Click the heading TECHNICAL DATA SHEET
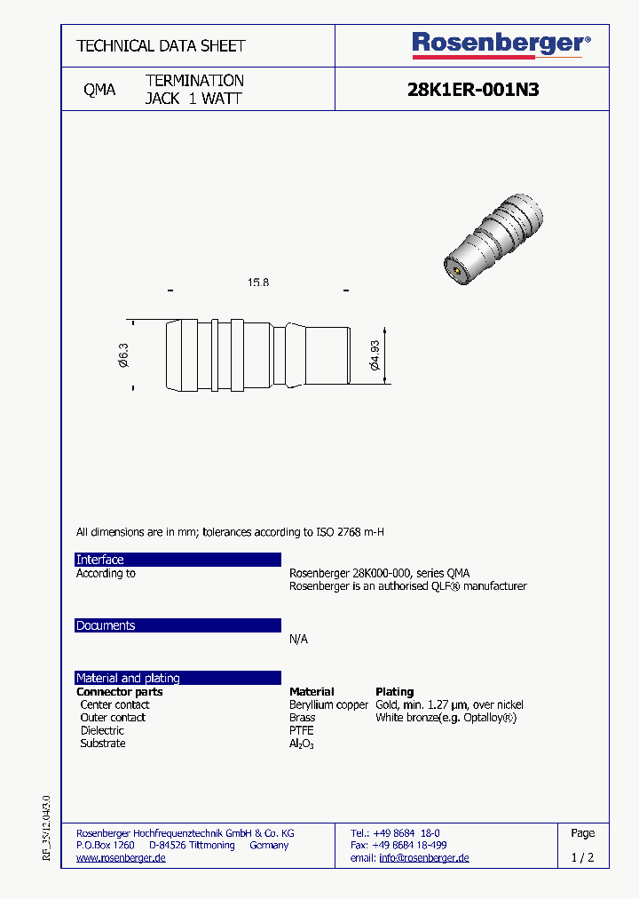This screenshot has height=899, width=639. pyautogui.click(x=161, y=45)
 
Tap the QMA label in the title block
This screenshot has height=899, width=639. pyautogui.click(x=99, y=90)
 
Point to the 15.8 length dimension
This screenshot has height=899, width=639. pyautogui.click(x=257, y=282)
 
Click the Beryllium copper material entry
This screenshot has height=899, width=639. pyautogui.click(x=328, y=704)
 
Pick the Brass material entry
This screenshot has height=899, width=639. pyautogui.click(x=303, y=718)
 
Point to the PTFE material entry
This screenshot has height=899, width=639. pyautogui.click(x=302, y=730)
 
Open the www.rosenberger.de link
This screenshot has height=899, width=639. pyautogui.click(x=121, y=858)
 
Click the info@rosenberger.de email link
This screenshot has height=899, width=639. pyautogui.click(x=423, y=858)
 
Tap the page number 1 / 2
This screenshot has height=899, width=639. pyautogui.click(x=582, y=858)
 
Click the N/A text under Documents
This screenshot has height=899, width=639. pyautogui.click(x=298, y=640)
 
